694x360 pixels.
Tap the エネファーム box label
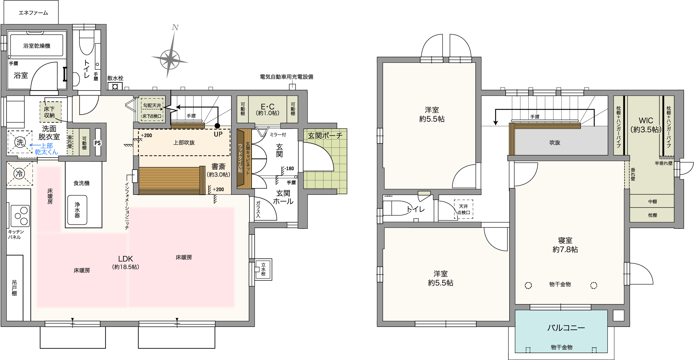[33, 13]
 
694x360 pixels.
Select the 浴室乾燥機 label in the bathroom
[37, 46]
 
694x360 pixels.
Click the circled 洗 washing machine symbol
[20, 142]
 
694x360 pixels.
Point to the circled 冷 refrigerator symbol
[20, 174]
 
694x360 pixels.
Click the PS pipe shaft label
[98, 143]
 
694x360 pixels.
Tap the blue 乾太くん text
[46, 152]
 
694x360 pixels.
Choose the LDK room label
[125, 259]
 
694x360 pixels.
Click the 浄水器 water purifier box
[77, 210]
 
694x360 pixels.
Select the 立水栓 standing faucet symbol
[263, 269]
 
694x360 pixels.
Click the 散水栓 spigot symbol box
[115, 87]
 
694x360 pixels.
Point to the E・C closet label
[268, 107]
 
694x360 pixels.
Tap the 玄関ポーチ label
[325, 136]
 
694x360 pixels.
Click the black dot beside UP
[217, 126]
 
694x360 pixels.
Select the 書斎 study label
[218, 166]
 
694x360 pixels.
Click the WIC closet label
[646, 121]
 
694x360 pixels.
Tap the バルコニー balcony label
[566, 328]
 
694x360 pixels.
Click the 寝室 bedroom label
[565, 240]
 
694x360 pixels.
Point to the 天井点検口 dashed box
[463, 209]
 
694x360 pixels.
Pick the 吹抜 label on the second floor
[555, 143]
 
